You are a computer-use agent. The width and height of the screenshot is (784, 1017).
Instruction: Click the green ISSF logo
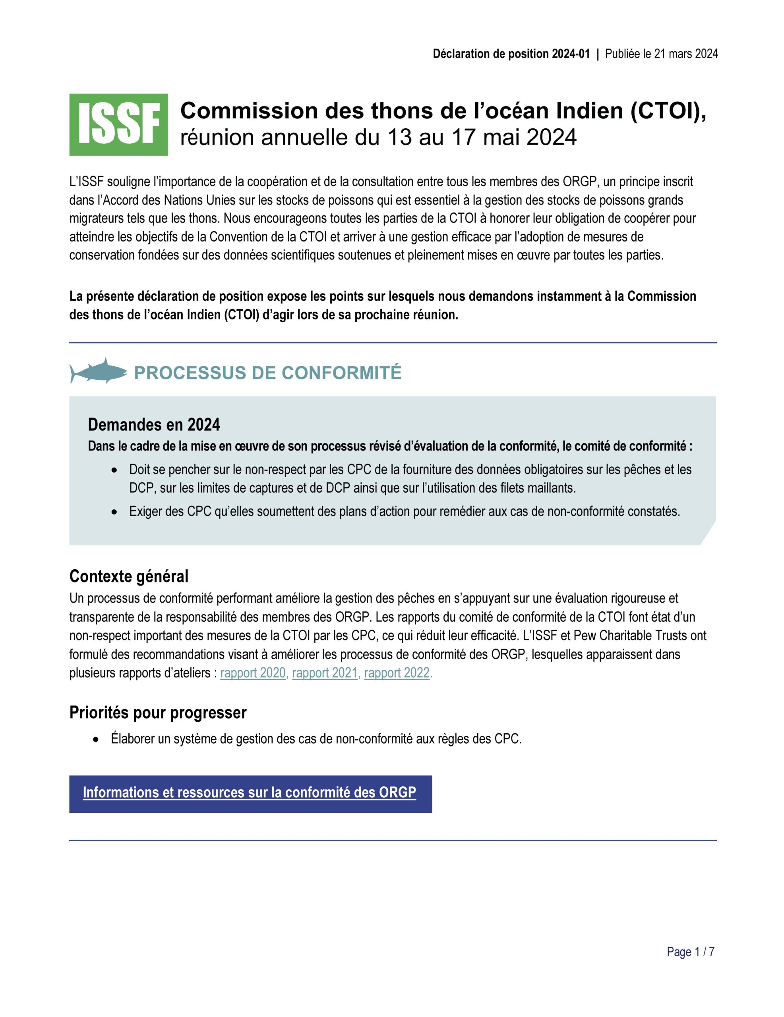point(118,124)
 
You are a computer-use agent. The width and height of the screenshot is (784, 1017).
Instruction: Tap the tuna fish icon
point(98,371)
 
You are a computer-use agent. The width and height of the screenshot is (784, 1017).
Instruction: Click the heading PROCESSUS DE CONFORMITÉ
point(267,373)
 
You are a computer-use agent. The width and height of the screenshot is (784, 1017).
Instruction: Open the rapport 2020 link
point(252,673)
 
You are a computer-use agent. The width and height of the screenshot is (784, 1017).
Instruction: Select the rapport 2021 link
point(325,673)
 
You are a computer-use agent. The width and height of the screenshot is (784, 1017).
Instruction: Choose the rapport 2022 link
point(397,673)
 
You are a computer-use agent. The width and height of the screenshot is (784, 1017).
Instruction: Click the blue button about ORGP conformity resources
point(250,793)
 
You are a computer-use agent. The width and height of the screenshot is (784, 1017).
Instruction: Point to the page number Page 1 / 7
point(690,952)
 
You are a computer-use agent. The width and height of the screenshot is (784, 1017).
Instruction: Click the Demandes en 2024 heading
point(154,425)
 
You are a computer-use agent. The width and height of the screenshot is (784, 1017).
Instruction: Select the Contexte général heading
point(129,576)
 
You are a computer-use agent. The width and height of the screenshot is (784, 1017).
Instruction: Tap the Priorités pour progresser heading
point(157,712)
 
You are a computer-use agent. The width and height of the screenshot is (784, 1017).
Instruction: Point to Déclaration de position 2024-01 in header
point(511,54)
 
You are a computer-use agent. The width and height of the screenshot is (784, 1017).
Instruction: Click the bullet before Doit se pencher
point(114,470)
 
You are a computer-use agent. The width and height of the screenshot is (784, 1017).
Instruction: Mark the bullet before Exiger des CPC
point(114,512)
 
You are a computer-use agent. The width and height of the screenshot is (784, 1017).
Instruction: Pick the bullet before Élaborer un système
point(96,739)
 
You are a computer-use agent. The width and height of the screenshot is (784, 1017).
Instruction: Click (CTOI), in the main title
point(668,111)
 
